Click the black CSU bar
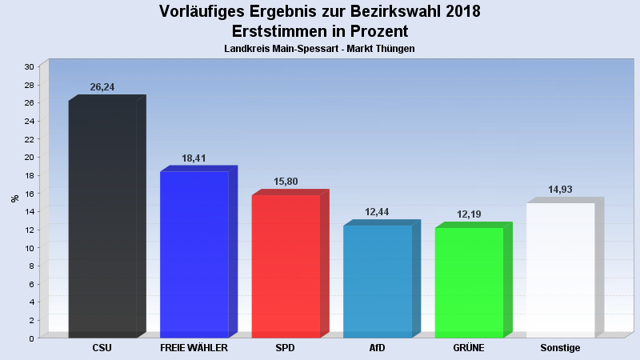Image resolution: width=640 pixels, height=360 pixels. click(102, 220)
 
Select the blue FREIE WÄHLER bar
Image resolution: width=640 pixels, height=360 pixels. click(194, 254)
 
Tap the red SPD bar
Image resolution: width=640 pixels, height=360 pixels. click(286, 266)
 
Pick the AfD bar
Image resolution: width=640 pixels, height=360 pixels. click(377, 282)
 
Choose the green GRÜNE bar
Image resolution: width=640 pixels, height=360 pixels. click(469, 282)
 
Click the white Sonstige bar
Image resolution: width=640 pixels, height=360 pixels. click(560, 270)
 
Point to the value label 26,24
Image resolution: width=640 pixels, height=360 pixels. click(102, 87)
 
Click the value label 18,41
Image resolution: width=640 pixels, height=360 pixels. click(194, 158)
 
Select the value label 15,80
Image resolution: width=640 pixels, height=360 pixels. click(286, 182)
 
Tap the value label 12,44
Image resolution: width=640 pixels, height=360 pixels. click(377, 212)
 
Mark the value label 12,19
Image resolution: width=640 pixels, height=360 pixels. click(469, 214)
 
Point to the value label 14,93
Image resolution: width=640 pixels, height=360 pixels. click(560, 190)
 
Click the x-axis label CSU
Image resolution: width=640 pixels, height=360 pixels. click(102, 348)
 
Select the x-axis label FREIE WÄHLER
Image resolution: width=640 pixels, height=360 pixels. click(194, 348)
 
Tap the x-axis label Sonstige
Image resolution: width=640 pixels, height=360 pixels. click(560, 348)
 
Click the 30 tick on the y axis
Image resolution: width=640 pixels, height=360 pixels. click(29, 66)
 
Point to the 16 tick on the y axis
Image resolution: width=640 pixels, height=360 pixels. click(29, 193)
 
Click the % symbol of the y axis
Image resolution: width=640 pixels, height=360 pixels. click(14, 198)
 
